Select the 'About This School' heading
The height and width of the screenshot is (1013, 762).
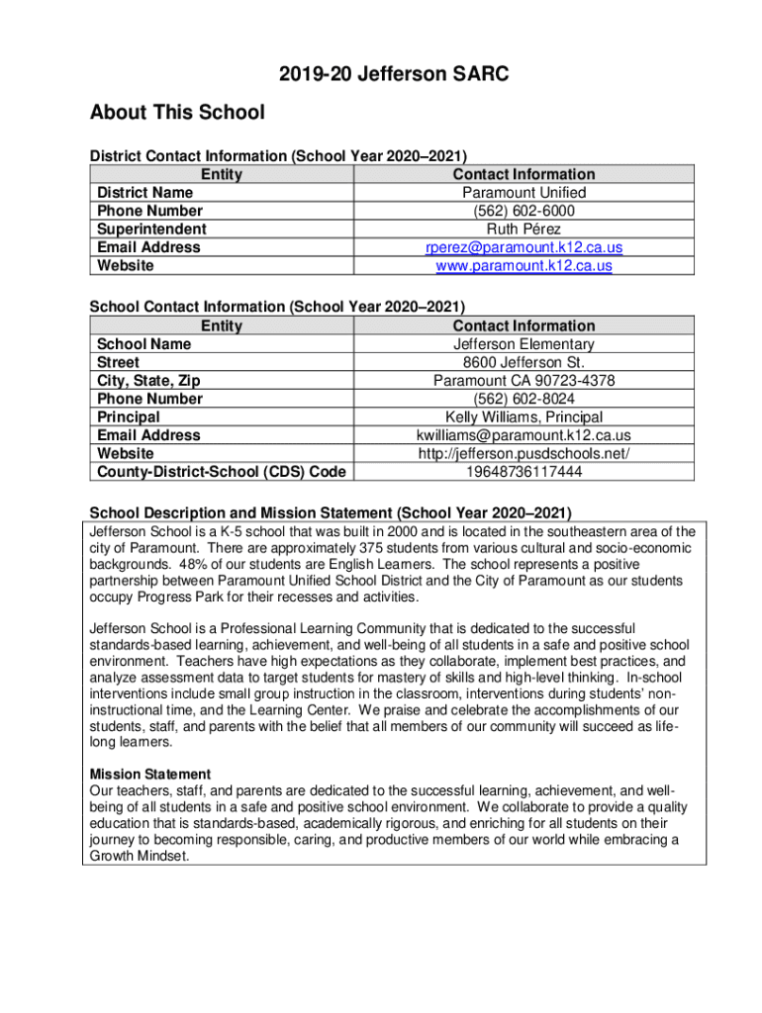[177, 113]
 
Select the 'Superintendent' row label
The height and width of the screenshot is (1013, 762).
[150, 230]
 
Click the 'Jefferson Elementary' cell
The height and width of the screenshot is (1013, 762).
[524, 344]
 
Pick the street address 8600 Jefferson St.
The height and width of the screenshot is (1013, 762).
[524, 362]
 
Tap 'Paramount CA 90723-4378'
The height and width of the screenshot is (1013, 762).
[524, 381]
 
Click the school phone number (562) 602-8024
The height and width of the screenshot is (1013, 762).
[524, 399]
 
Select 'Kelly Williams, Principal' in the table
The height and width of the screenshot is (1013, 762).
[524, 417]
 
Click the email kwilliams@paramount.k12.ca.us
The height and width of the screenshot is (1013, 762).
[524, 435]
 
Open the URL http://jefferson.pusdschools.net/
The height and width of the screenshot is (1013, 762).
[524, 454]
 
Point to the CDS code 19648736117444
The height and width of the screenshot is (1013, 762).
[524, 472]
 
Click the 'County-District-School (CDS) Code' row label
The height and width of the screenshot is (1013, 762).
[221, 472]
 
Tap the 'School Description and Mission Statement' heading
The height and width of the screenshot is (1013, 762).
[331, 512]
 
